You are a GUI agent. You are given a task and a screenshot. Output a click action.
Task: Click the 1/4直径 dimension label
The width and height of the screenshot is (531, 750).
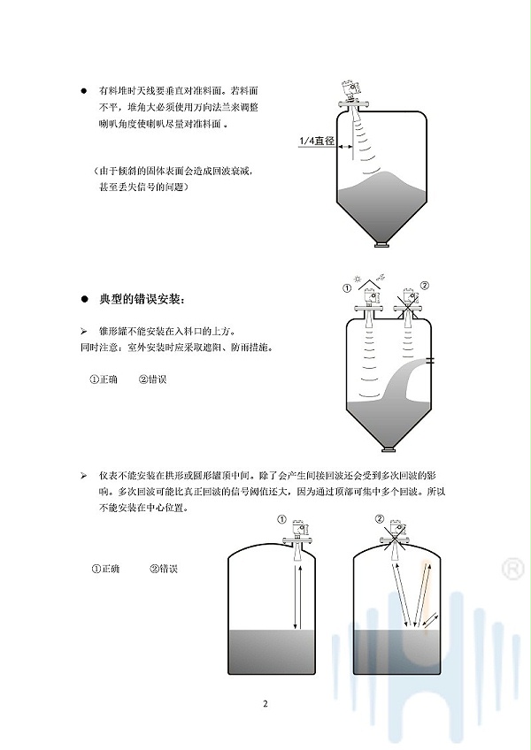[317, 141]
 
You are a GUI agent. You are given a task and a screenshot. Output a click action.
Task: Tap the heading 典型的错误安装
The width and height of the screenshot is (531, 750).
[141, 300]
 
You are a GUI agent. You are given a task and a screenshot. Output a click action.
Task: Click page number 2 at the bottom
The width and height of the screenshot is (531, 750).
[265, 704]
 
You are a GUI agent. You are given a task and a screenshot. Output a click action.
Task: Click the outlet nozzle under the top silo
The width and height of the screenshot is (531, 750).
[381, 245]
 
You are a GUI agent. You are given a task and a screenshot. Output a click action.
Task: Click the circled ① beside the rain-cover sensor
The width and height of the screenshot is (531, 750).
[347, 288]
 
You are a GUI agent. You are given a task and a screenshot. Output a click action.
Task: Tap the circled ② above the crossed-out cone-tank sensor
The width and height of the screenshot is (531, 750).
[424, 286]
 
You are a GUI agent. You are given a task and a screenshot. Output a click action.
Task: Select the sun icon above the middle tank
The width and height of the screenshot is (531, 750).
[357, 278]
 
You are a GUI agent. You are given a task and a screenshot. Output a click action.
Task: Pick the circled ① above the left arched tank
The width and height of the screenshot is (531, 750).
[281, 519]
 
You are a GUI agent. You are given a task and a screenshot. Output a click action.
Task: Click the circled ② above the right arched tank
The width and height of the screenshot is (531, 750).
[379, 519]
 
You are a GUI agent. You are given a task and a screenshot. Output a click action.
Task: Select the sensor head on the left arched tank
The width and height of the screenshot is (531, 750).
[298, 528]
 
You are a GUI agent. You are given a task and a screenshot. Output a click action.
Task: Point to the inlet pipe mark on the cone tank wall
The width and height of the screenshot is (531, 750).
[430, 360]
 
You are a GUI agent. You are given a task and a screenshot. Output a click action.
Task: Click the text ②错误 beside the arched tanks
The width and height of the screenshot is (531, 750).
[164, 569]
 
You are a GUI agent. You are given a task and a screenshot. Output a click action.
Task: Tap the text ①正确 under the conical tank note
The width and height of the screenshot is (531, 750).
[104, 379]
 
